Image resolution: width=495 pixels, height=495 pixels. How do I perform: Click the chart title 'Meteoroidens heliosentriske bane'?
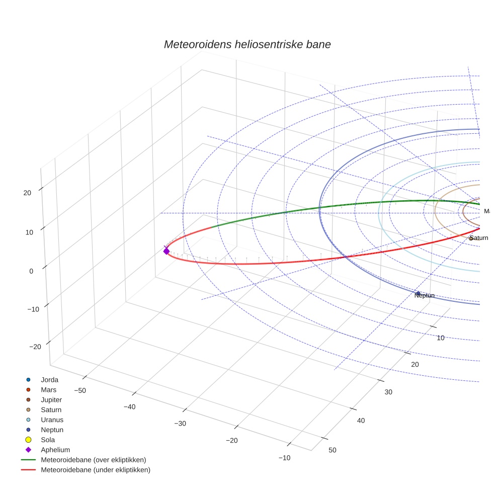[x=247, y=44]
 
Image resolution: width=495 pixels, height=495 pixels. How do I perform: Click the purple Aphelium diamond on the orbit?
[x=167, y=251]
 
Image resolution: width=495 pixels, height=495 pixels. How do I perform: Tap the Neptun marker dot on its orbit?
[x=418, y=293]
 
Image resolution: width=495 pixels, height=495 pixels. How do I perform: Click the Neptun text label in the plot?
[x=424, y=296]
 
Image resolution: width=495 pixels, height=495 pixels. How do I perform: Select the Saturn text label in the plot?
[x=478, y=238]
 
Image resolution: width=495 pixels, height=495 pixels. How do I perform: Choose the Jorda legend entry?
[x=49, y=380]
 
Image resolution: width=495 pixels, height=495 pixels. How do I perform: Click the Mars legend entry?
[x=48, y=390]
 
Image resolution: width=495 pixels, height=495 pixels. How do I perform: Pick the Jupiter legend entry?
[x=51, y=400]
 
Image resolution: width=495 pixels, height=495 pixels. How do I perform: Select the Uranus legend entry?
[x=52, y=420]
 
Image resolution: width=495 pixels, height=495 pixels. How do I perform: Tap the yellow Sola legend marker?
[x=28, y=440]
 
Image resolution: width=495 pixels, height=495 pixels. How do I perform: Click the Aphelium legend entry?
[x=55, y=450]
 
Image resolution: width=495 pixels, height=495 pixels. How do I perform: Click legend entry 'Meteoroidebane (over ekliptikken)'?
[x=94, y=460]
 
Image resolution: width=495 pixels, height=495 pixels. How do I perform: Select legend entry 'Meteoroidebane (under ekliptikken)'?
[x=96, y=470]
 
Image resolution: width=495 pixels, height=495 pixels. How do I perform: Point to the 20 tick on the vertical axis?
[x=27, y=193]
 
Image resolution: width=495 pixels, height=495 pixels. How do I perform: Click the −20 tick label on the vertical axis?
[x=35, y=347]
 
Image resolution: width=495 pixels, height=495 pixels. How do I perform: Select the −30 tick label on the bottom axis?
[x=180, y=424]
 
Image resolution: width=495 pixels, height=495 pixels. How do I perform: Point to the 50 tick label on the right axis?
[x=332, y=450]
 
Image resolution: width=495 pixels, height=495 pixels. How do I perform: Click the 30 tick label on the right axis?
[x=388, y=392]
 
